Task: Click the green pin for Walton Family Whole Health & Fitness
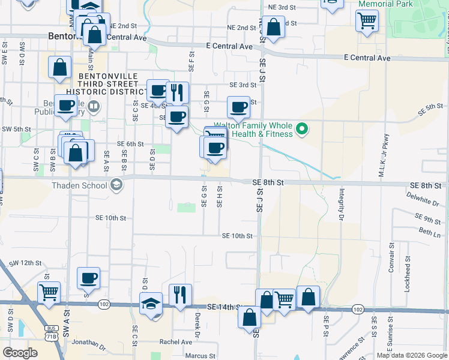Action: coord(303,128)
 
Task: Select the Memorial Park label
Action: coord(385,4)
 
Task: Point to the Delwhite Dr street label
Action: coord(424,197)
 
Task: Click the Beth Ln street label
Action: coord(429,231)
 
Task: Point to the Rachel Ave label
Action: coord(176,342)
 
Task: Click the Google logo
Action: coord(20,353)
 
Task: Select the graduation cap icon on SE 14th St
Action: coord(151,303)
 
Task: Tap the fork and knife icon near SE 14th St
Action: coord(179,294)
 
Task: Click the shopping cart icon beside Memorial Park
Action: coord(367,21)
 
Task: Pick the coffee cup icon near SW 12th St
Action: coord(88,278)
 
